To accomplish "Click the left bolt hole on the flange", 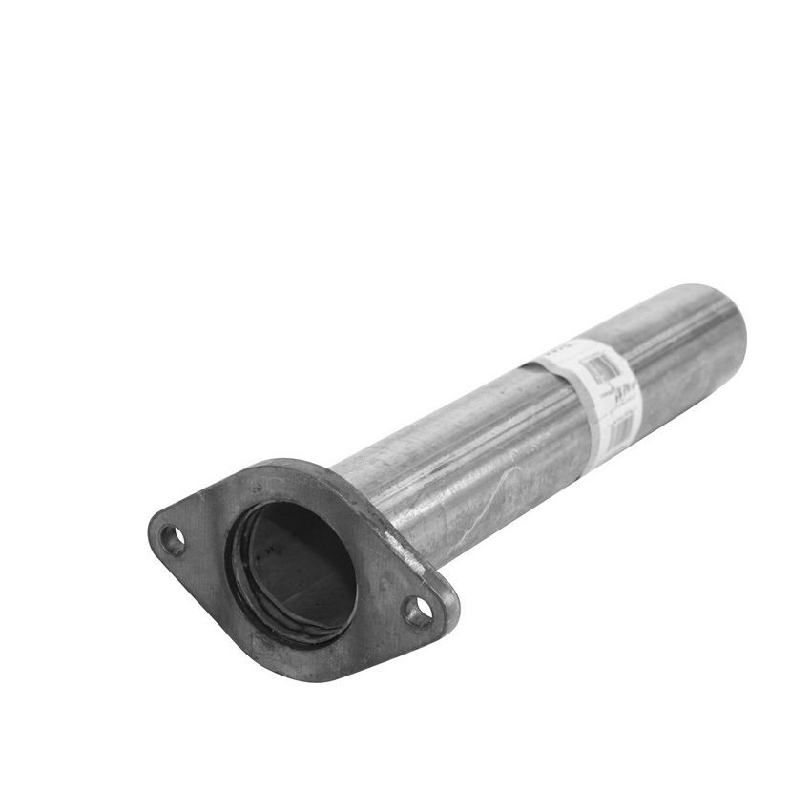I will tap(172, 538).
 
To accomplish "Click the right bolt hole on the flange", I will tap(414, 611).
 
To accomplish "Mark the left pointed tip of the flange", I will tap(151, 528).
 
